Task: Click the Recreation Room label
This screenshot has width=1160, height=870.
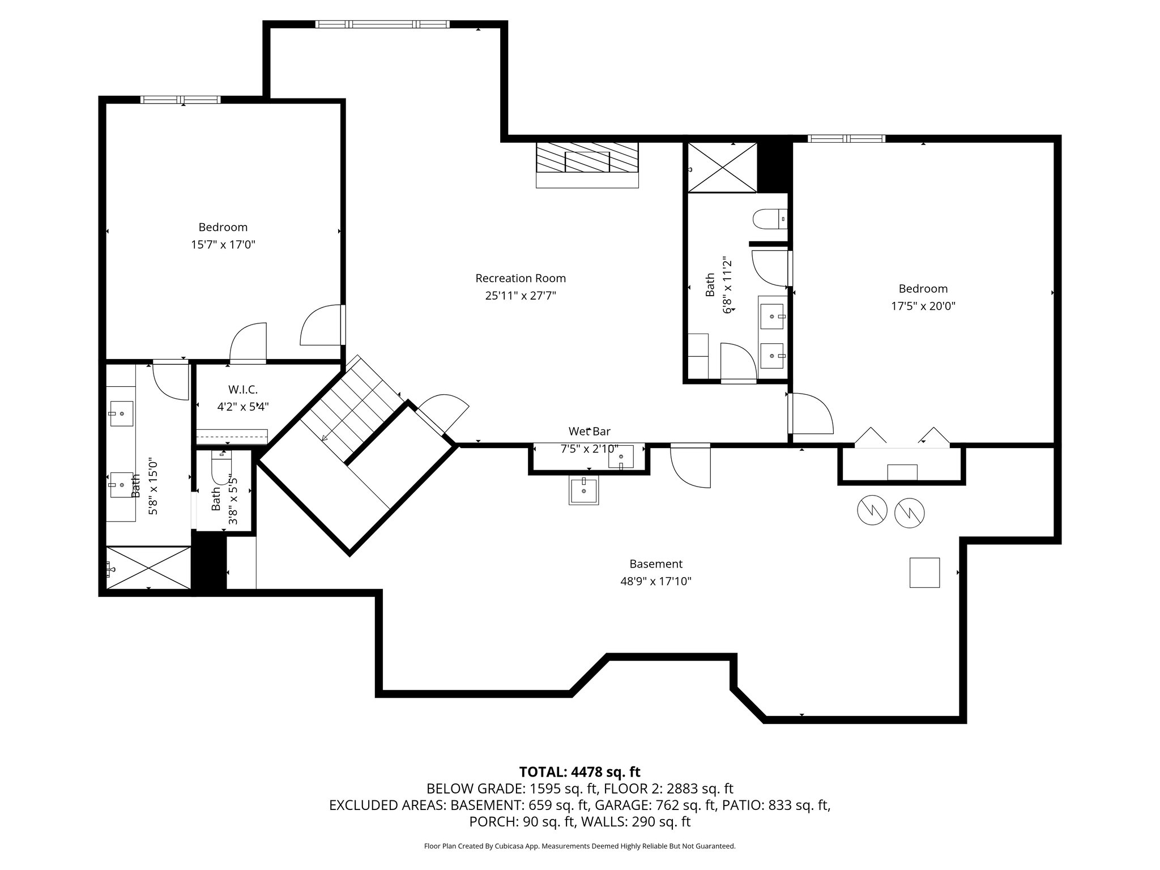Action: click(x=521, y=278)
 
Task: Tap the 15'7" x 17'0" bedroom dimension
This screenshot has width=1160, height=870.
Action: click(x=223, y=245)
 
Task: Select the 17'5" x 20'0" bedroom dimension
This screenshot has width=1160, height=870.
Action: click(x=923, y=306)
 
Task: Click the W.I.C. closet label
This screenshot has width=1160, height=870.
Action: click(x=243, y=390)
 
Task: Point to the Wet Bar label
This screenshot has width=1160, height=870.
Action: click(x=589, y=432)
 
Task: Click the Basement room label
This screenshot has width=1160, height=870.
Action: click(x=656, y=564)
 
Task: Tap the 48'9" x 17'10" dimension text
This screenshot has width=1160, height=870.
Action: click(x=656, y=582)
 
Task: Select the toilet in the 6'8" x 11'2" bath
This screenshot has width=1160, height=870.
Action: click(x=770, y=219)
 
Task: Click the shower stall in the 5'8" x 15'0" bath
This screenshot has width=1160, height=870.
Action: click(x=149, y=568)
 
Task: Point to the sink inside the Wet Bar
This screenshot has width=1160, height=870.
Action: click(x=621, y=457)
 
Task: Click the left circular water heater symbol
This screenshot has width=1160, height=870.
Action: click(x=872, y=510)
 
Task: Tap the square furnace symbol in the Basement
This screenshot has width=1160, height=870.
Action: click(x=925, y=573)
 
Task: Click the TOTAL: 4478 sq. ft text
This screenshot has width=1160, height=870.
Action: click(x=579, y=771)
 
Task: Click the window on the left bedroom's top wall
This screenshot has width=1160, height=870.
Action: click(x=181, y=100)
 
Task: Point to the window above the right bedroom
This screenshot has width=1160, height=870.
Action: click(x=846, y=138)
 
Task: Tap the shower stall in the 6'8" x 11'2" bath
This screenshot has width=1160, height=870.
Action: click(x=722, y=168)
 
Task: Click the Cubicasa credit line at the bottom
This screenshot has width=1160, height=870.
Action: click(x=579, y=846)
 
